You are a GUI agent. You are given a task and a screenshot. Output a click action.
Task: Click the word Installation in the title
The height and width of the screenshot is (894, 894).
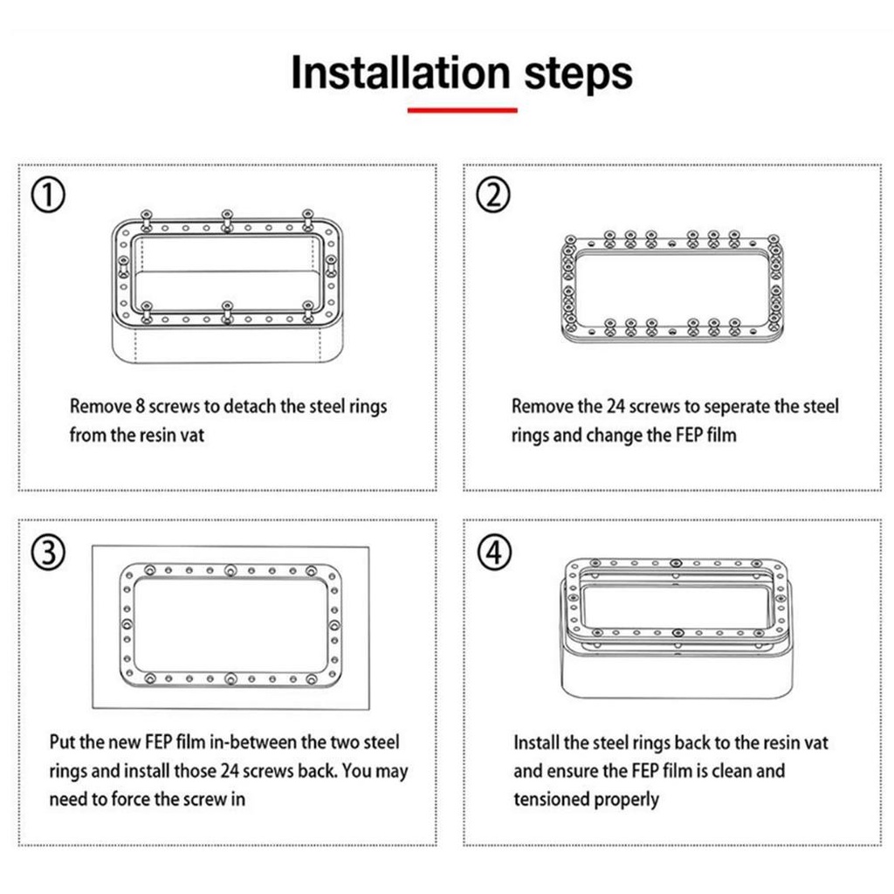tap(400, 73)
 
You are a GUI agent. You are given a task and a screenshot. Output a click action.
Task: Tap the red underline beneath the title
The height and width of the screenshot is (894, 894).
tap(463, 110)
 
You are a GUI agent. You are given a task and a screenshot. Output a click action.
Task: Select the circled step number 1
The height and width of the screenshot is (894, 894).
tap(48, 195)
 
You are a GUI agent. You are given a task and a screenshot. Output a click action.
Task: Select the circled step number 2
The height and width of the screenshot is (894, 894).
tap(493, 195)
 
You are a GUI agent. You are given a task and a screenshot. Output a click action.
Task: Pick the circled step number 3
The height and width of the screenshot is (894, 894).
tap(48, 553)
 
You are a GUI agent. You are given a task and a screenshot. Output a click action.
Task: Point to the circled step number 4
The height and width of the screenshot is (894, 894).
tap(494, 553)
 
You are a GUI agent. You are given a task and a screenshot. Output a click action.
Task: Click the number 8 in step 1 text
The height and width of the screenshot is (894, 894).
tap(141, 406)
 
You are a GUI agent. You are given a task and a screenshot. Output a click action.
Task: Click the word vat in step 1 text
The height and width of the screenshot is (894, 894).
tap(192, 435)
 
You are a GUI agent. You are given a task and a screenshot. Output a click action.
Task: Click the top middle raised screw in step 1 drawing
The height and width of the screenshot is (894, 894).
tap(227, 220)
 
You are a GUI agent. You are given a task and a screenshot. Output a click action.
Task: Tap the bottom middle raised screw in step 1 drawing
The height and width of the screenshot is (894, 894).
tap(227, 312)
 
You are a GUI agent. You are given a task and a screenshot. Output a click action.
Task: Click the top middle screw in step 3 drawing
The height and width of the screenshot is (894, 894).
tap(230, 570)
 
